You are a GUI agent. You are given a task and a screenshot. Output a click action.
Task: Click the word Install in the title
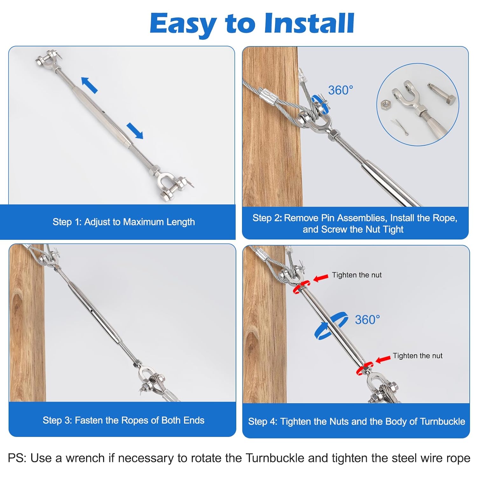tap(309, 23)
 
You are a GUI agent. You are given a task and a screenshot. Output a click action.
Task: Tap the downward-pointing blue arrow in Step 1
tap(135, 130)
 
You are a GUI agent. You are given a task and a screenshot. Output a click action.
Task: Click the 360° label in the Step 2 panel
tap(341, 90)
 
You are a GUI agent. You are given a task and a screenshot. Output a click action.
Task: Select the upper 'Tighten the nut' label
tap(356, 275)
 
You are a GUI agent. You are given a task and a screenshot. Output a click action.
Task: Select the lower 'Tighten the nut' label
tap(417, 356)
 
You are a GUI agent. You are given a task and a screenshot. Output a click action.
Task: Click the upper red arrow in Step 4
tap(321, 278)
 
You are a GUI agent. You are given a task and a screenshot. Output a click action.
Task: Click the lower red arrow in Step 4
tap(383, 359)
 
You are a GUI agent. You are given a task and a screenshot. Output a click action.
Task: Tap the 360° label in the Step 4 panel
tap(367, 320)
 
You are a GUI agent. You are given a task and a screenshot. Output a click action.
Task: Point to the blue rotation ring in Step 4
tap(331, 326)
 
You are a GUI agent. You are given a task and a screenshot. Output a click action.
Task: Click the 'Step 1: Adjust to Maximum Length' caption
tap(124, 222)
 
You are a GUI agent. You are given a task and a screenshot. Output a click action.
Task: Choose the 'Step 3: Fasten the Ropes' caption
tap(123, 420)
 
